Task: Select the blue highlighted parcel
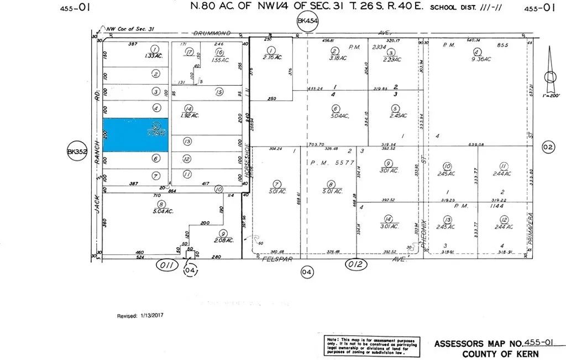click(135, 135)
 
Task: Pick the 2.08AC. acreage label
click(223, 241)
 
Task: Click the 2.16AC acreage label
click(272, 58)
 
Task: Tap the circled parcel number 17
click(189, 52)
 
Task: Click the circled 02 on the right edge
click(548, 147)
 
